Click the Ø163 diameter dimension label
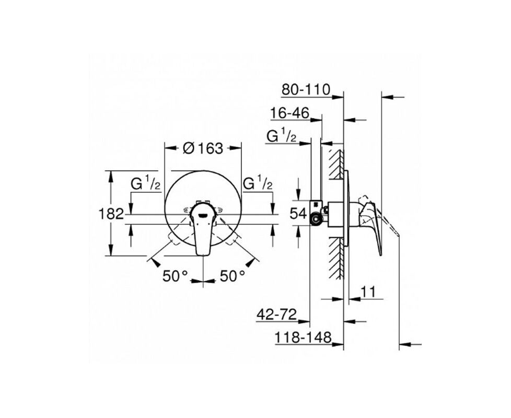[203, 148]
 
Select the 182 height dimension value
[111, 213]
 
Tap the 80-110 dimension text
[306, 89]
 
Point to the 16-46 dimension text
[290, 113]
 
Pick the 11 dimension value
[368, 292]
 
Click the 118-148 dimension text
[304, 338]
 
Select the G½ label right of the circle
[258, 183]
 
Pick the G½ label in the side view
[282, 136]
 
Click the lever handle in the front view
[203, 233]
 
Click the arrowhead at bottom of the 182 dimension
[111, 252]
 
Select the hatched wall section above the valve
[335, 162]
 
